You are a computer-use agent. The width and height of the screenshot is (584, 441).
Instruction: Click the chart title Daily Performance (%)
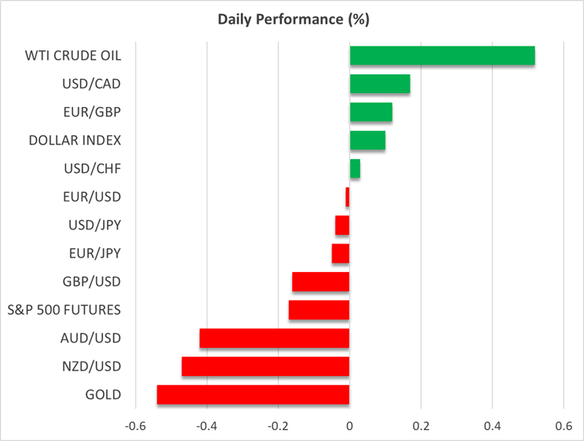[x=291, y=18]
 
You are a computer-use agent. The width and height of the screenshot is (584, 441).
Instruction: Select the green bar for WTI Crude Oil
[x=442, y=56]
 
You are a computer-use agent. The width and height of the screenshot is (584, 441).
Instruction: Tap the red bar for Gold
[x=253, y=394]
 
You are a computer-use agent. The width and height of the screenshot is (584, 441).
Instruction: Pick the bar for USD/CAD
[x=380, y=84]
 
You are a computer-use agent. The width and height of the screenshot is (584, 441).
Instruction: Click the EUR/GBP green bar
[x=371, y=112]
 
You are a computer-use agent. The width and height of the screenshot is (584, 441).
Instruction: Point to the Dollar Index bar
[x=367, y=140]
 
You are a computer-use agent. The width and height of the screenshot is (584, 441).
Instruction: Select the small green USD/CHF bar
[x=355, y=169]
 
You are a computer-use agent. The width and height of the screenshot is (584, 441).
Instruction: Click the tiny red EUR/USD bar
[x=348, y=197]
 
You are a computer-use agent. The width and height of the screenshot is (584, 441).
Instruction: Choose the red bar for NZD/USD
[x=266, y=367]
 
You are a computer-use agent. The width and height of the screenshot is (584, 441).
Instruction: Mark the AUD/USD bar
[x=274, y=338]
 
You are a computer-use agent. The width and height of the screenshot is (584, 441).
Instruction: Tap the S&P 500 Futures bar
[x=319, y=310]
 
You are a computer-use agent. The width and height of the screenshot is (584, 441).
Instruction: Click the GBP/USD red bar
[x=321, y=281]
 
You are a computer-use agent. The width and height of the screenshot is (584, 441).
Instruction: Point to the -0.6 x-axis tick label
[x=136, y=426]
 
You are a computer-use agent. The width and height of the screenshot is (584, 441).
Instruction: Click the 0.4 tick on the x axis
[x=492, y=426]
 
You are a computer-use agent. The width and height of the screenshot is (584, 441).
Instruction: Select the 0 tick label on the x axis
[x=349, y=426]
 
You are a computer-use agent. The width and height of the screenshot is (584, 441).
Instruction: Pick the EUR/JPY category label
[x=95, y=253]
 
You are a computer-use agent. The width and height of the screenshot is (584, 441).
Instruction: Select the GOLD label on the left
[x=102, y=394]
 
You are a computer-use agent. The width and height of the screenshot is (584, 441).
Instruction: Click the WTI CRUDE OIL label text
[x=74, y=56]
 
